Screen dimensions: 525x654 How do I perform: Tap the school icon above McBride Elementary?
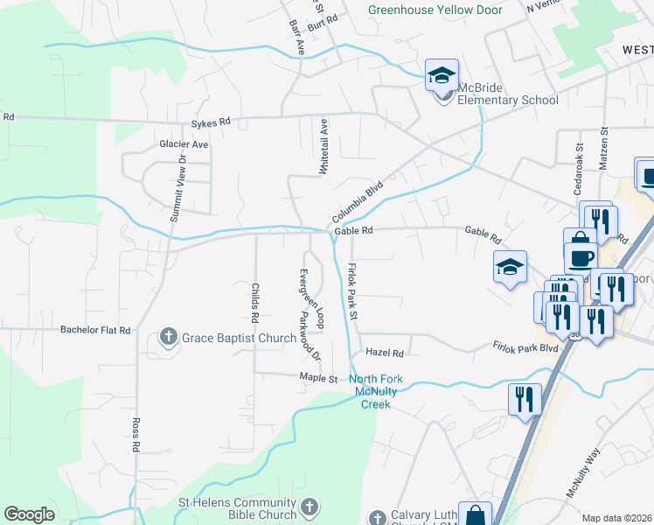click(x=442, y=76)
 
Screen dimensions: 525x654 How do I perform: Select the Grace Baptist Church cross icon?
click(x=168, y=337)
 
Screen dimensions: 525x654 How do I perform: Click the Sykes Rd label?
click(x=211, y=122)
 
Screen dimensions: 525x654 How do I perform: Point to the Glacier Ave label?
click(x=184, y=143)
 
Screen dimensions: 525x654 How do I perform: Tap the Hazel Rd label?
click(x=385, y=353)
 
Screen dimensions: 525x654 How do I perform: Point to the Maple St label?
click(x=318, y=378)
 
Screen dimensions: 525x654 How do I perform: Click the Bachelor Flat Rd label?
click(x=95, y=330)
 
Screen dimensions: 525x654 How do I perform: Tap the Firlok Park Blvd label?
click(x=525, y=347)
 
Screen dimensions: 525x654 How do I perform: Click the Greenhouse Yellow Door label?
click(x=435, y=10)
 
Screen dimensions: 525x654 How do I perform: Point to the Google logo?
click(x=30, y=514)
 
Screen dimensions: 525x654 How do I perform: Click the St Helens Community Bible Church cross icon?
click(x=309, y=507)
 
